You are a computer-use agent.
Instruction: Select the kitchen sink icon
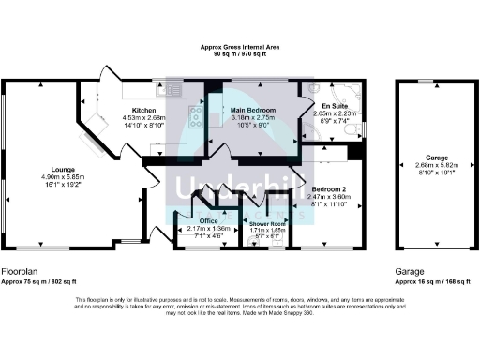(x=173, y=92)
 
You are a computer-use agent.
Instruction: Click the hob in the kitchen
(x=197, y=116)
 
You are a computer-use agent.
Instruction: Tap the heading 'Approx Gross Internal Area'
(x=240, y=47)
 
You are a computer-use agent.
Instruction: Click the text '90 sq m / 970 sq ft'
(x=240, y=54)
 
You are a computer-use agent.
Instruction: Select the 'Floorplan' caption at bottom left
(x=18, y=270)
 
